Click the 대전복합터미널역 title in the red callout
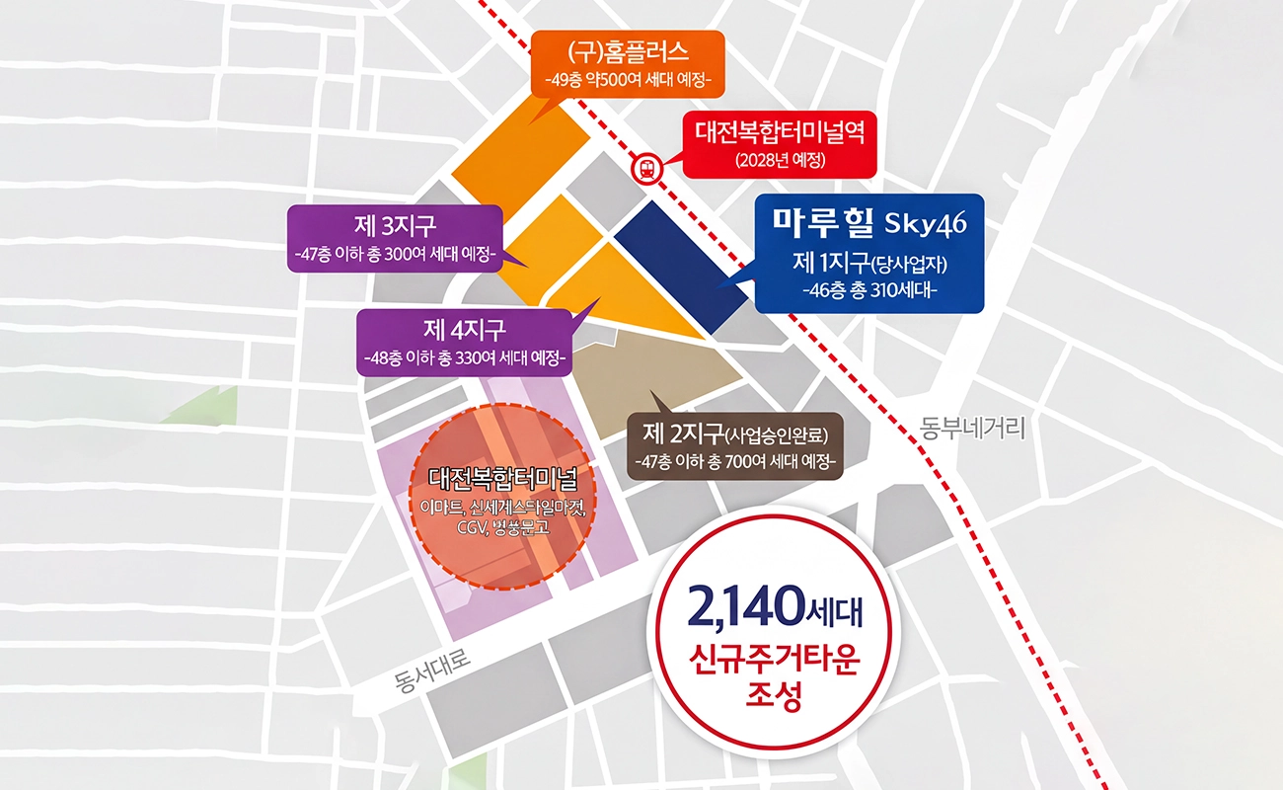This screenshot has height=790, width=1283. (x=780, y=132)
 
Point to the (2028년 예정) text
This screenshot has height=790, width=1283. (x=780, y=160)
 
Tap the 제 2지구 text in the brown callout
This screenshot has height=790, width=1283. (x=683, y=434)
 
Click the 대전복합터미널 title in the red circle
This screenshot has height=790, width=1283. (x=502, y=480)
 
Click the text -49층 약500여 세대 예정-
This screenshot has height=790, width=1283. (x=628, y=80)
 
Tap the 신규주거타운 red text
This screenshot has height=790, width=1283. (x=773, y=661)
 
